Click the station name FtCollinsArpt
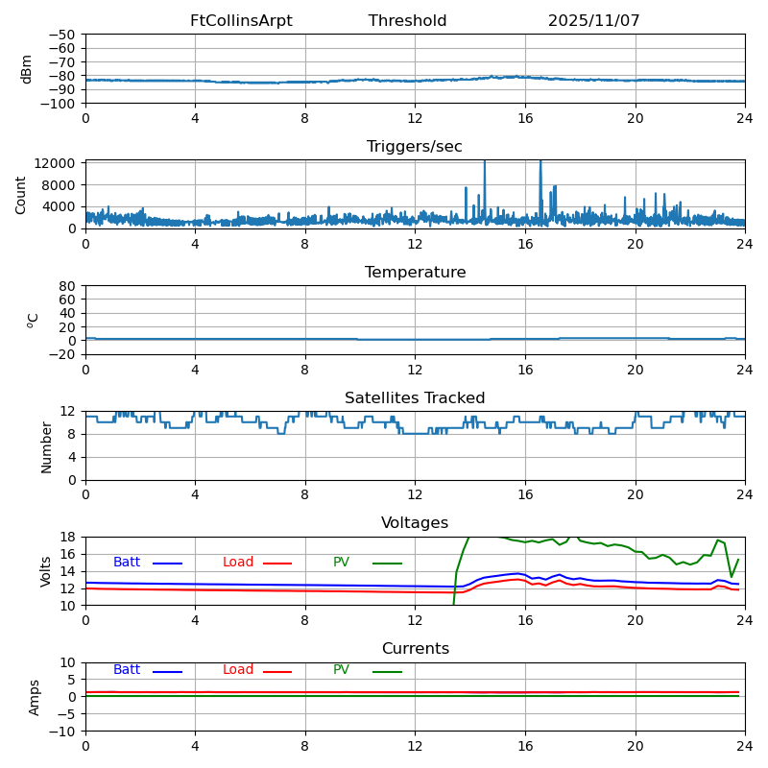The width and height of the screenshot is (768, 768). (241, 21)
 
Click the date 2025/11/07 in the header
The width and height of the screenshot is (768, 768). (593, 21)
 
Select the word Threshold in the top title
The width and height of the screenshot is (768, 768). (407, 21)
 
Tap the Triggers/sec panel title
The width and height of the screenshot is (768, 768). (415, 147)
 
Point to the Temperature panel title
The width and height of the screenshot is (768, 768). (415, 273)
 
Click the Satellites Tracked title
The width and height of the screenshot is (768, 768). (415, 398)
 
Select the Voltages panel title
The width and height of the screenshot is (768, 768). (415, 523)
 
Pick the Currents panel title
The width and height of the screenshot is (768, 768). (415, 649)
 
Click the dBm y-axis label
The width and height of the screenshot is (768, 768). (27, 68)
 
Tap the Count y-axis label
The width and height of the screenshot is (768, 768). (21, 194)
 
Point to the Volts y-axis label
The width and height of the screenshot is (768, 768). (46, 571)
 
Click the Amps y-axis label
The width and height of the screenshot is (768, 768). (35, 697)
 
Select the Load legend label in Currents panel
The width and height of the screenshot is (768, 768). (238, 670)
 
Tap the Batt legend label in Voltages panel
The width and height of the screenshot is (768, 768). (127, 563)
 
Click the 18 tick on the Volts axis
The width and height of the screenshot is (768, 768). (70, 537)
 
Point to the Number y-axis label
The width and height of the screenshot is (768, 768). (46, 446)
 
